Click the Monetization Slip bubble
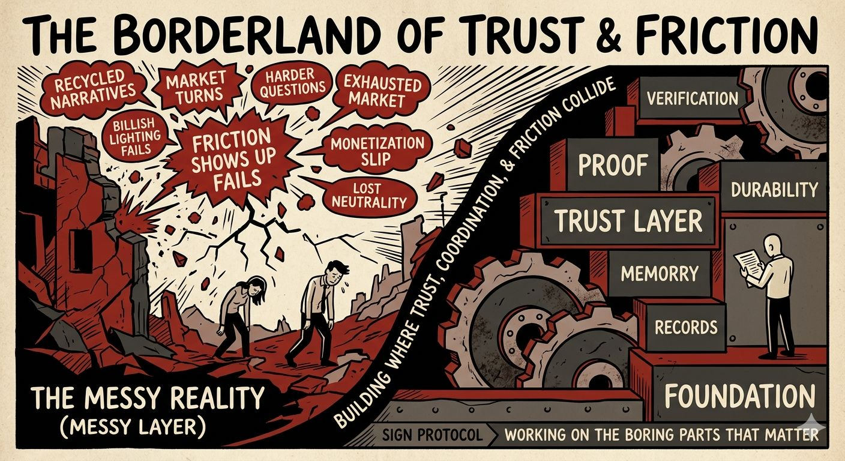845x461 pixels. click(377, 152)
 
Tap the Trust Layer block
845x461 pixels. click(627, 220)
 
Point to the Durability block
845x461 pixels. click(774, 190)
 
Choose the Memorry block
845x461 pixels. click(660, 274)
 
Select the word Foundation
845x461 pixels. click(739, 396)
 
